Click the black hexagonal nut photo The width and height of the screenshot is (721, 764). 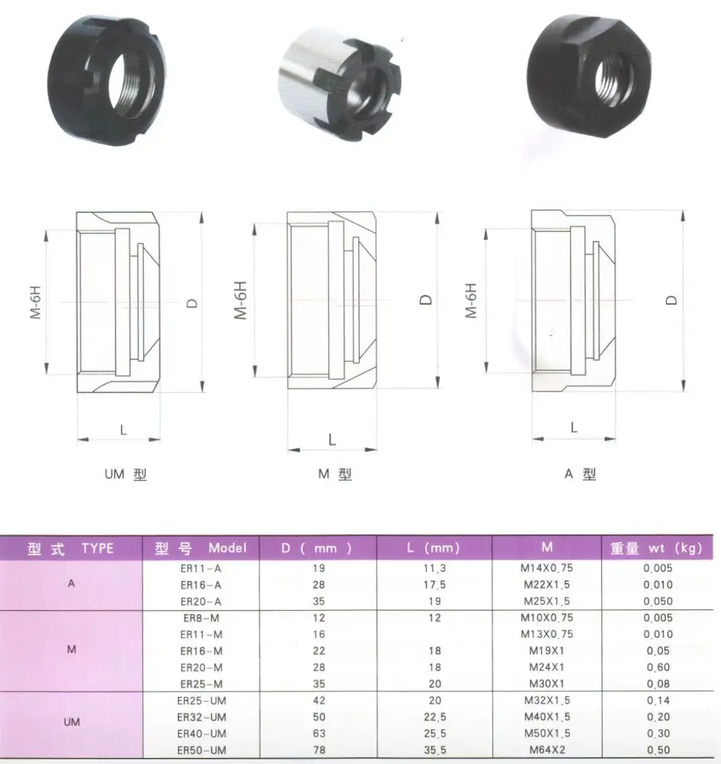coord(590,79)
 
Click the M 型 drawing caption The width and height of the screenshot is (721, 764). coord(335,475)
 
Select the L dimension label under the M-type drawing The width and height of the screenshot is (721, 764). coord(332,439)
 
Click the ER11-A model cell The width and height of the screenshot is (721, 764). coord(201,568)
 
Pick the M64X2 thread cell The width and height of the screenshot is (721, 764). coord(544,749)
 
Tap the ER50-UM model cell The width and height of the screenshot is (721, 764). coord(201,749)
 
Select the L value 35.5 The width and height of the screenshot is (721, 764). coord(434,749)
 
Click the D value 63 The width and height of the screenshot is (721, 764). coord(319,733)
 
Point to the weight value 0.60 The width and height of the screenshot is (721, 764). coord(657,667)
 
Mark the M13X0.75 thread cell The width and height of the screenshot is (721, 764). coord(544,634)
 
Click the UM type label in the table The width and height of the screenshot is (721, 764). coord(72,723)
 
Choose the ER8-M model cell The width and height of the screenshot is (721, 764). coord(201,617)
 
